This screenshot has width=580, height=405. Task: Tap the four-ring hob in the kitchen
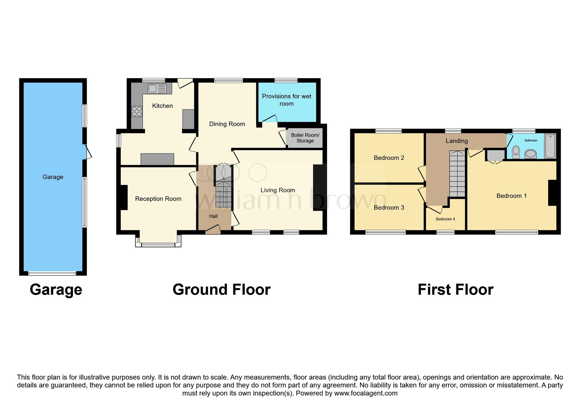click(137, 111)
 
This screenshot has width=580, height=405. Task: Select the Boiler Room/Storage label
click(305, 138)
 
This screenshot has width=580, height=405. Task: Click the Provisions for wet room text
click(286, 100)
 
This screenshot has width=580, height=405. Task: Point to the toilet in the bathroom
click(516, 152)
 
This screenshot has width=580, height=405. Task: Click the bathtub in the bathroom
click(550, 146)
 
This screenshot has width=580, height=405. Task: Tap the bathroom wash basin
click(530, 154)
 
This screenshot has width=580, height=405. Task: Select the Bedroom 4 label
click(445, 219)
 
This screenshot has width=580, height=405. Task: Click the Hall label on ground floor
click(213, 216)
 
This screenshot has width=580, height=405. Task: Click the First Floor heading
click(455, 290)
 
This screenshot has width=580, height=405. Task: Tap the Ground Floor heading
click(221, 290)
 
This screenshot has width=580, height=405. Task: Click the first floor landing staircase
click(457, 174)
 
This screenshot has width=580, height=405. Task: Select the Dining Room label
click(227, 124)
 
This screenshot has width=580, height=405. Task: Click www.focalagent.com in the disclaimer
click(366, 393)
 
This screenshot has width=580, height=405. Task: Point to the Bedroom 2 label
click(389, 158)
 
